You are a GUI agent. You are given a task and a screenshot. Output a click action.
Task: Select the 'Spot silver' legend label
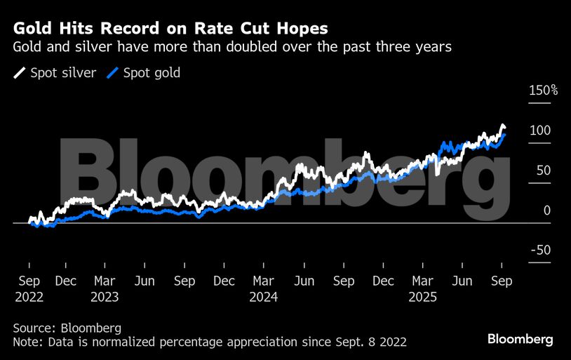click(x=64, y=73)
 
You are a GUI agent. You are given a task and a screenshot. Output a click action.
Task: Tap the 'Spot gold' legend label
click(x=152, y=73)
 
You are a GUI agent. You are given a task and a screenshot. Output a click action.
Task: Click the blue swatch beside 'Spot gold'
click(x=113, y=73)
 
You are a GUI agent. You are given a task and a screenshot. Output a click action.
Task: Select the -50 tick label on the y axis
click(x=539, y=251)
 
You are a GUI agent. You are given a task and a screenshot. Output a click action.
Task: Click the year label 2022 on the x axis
click(x=29, y=297)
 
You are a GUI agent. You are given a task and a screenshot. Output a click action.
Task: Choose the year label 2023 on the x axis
click(x=105, y=297)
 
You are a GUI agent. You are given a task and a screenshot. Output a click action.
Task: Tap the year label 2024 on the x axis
click(x=264, y=297)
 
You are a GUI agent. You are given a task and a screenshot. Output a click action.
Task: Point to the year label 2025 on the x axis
click(x=423, y=297)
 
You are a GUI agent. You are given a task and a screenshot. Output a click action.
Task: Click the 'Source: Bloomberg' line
click(x=67, y=328)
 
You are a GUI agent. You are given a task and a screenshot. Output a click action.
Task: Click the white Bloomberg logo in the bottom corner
click(x=520, y=339)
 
